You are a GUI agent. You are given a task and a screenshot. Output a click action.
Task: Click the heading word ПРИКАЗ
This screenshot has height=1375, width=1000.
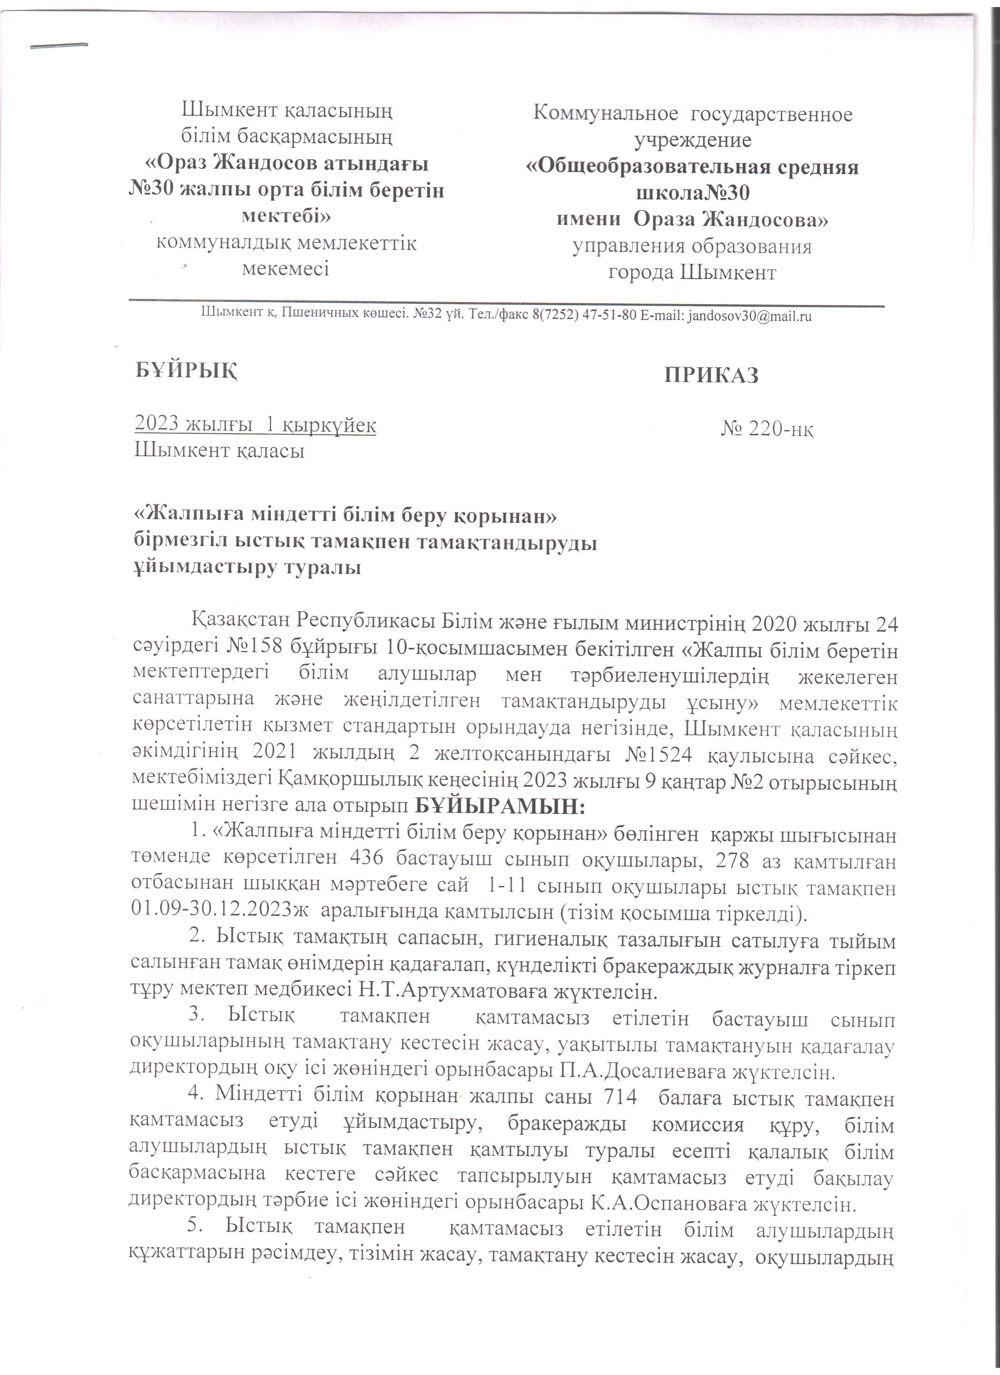[x=711, y=375]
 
